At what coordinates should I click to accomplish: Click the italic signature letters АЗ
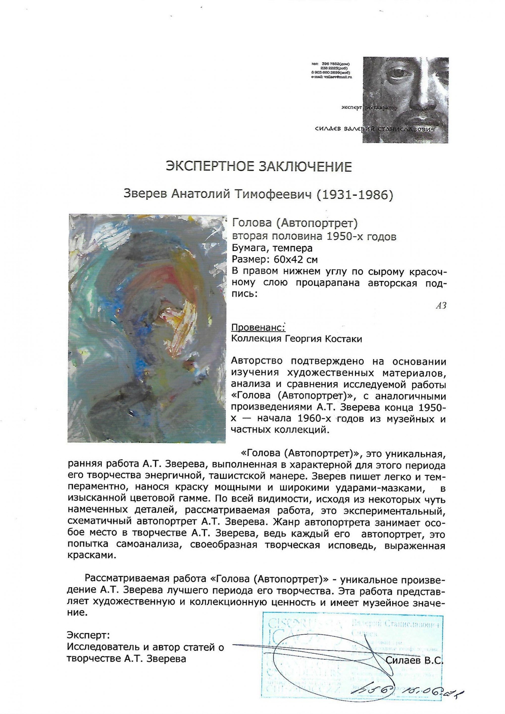[x=441, y=306]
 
